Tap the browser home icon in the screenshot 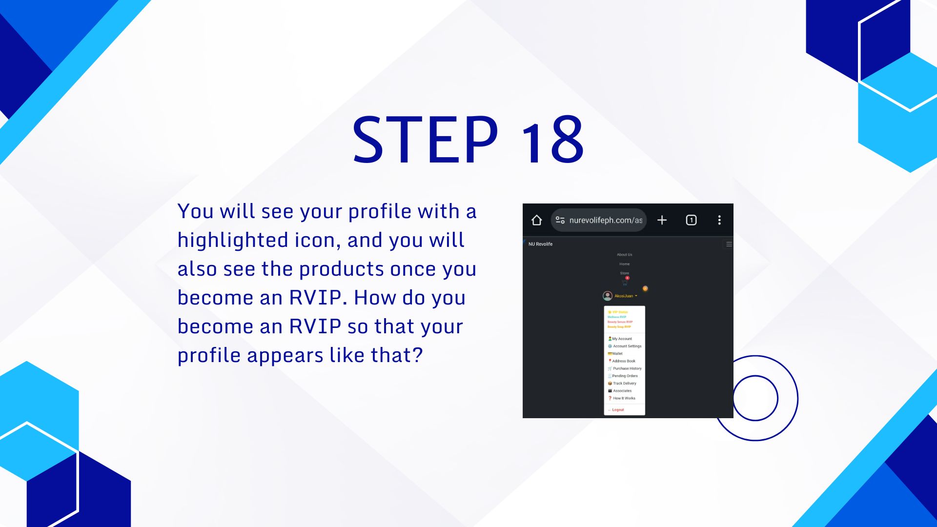click(x=536, y=220)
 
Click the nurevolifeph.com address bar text click(x=605, y=220)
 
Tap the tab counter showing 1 click(x=691, y=220)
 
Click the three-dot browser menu click(x=719, y=220)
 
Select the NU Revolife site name click(x=540, y=244)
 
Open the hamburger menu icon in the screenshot click(x=729, y=244)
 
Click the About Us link click(x=624, y=255)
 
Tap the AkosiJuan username click(x=624, y=296)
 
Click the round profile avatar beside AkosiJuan click(x=608, y=296)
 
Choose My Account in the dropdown click(x=622, y=339)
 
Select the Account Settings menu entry click(x=627, y=346)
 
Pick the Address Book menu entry click(x=624, y=361)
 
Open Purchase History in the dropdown click(x=627, y=368)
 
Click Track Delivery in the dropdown click(x=624, y=384)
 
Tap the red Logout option click(x=618, y=410)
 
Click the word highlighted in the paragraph click(x=233, y=241)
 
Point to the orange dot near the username click(x=645, y=288)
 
